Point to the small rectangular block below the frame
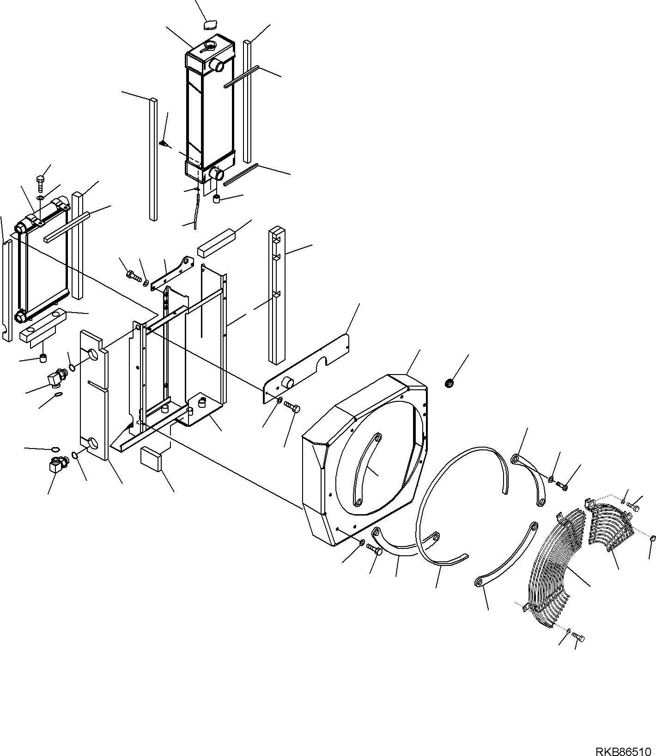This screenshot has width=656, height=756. (x=151, y=458)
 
